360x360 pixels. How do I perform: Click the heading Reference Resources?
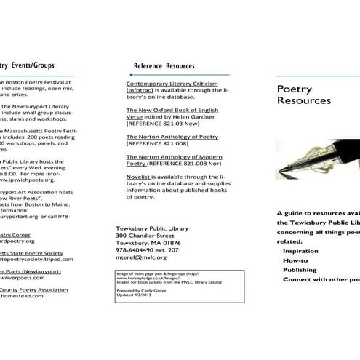coord(164,65)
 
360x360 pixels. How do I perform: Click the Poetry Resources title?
coord(304,95)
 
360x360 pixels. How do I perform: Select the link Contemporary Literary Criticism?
coord(174,84)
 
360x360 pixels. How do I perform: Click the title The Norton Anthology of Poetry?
coord(172,136)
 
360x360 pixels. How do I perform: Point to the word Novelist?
coord(138,177)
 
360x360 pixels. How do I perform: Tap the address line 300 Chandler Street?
coord(145,236)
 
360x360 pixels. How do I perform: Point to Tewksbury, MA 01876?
coord(148,243)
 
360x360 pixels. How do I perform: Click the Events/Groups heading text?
coord(29,65)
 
